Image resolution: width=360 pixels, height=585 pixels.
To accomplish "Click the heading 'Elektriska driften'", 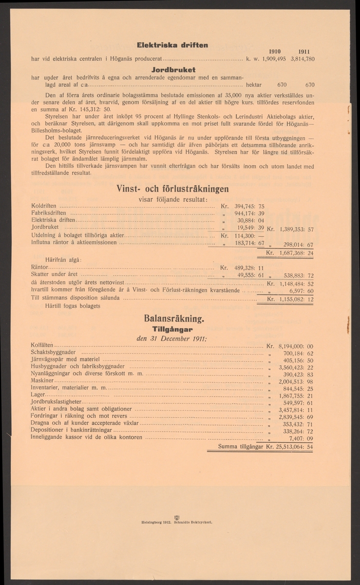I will pos(172,45).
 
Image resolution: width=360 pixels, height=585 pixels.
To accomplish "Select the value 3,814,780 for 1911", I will pos(303,58).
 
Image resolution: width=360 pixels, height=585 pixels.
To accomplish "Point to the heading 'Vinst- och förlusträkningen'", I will pos(172,188).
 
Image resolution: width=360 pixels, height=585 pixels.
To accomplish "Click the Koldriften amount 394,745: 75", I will pos(249,206).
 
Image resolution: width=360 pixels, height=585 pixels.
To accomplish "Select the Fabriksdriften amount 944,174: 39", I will pos(249,214).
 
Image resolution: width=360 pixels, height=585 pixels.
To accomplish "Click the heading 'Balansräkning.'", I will pos(173,319).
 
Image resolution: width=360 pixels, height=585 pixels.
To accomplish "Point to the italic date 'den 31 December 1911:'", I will pos(173,339).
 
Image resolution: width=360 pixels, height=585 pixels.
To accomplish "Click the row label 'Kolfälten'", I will pos(43,345).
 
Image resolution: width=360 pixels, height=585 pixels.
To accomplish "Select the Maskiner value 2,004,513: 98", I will pos(295,382).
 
